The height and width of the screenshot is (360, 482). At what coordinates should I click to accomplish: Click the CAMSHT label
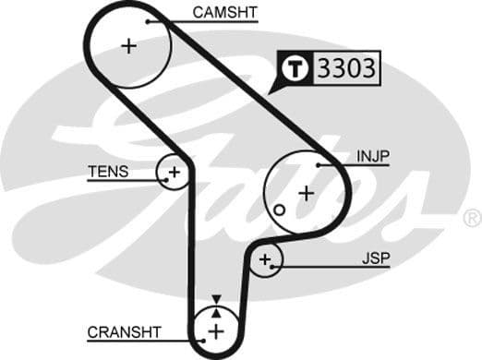[224, 13]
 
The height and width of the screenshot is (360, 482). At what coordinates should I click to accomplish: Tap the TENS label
[108, 172]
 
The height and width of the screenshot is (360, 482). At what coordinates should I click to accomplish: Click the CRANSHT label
[124, 331]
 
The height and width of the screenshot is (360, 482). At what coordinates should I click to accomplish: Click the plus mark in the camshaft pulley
[128, 46]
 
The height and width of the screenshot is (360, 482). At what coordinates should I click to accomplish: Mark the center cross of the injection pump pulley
[305, 193]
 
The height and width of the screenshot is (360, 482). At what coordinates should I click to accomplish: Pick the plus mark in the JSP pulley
[266, 260]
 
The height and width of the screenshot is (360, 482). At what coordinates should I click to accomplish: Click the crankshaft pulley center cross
[215, 330]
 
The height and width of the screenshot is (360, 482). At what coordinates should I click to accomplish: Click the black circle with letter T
[295, 69]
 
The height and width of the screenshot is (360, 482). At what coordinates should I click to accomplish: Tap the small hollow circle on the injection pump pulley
[278, 210]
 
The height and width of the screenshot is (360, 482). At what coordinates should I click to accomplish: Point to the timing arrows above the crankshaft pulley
[216, 302]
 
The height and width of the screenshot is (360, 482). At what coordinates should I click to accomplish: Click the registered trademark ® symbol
[472, 218]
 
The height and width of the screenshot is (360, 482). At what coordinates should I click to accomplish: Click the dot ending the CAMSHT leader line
[147, 19]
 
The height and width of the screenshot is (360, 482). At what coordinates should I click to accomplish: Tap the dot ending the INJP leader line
[318, 165]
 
